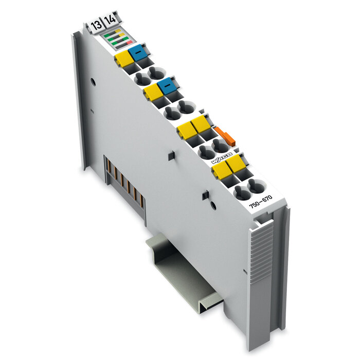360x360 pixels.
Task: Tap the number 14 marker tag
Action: (110, 22)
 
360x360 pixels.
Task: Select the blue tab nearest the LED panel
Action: (137, 53)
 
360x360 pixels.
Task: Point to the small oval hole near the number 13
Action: (93, 81)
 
